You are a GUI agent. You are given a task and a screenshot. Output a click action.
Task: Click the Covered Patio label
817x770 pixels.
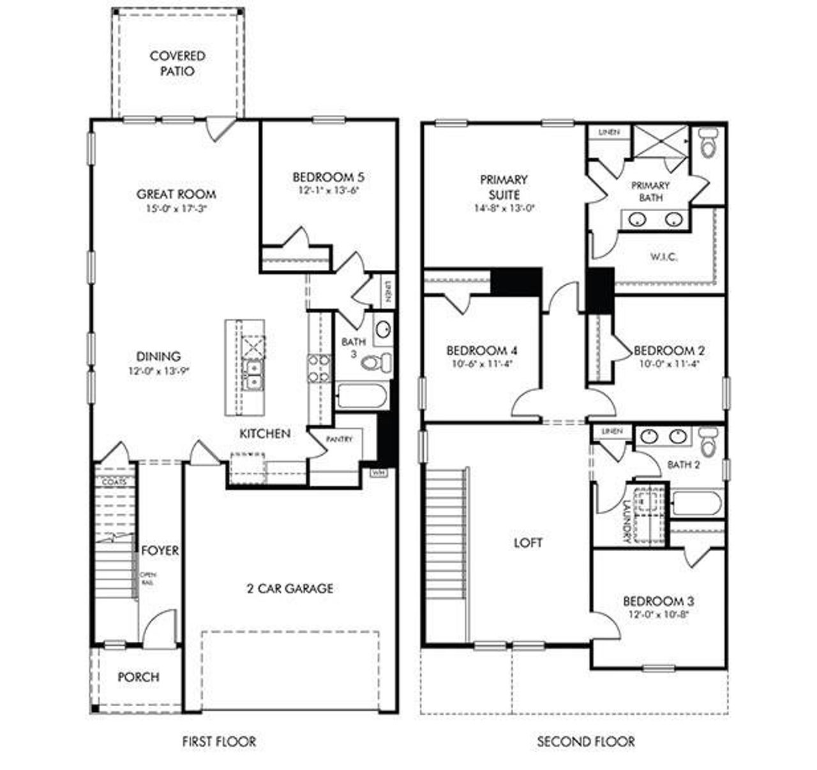tap(177, 64)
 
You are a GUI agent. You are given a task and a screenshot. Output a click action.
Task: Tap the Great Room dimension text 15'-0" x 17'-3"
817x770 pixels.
tap(176, 209)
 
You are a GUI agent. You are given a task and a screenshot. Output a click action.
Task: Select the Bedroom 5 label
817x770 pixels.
tap(328, 177)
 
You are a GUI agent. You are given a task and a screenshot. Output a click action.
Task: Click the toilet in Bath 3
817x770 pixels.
tap(377, 362)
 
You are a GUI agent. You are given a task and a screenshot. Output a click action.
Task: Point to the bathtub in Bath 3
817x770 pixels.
tap(361, 396)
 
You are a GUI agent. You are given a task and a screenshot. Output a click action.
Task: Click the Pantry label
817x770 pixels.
tap(338, 440)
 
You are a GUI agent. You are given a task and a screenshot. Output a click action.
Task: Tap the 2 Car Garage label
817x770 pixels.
tap(290, 588)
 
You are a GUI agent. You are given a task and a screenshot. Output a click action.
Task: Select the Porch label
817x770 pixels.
tap(138, 677)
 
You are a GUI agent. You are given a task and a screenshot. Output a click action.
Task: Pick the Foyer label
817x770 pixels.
tap(160, 550)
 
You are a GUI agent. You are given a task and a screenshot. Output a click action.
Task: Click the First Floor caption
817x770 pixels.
tap(219, 741)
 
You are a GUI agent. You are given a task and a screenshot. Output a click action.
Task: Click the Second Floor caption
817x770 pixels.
tap(585, 741)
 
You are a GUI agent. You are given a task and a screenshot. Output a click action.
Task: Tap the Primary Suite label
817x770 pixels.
tap(504, 187)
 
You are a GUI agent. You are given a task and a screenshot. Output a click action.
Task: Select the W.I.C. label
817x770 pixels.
tap(664, 257)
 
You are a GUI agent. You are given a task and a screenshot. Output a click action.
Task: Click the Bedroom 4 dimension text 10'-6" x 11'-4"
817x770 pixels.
tap(481, 364)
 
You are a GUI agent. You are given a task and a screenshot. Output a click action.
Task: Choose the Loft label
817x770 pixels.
tap(528, 542)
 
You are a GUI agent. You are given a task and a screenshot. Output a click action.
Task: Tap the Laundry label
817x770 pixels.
tap(626, 520)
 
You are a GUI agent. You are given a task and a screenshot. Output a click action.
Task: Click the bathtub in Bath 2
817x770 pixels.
tap(698, 502)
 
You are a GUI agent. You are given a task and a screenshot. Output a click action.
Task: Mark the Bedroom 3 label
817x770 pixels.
tap(659, 601)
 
